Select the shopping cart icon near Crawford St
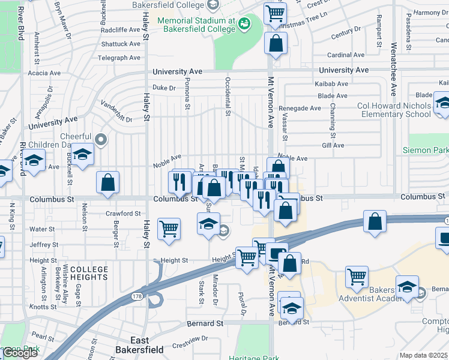[169, 228]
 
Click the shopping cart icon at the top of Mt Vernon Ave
[275, 13]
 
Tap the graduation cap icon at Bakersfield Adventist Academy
[407, 286]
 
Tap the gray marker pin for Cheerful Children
[101, 140]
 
